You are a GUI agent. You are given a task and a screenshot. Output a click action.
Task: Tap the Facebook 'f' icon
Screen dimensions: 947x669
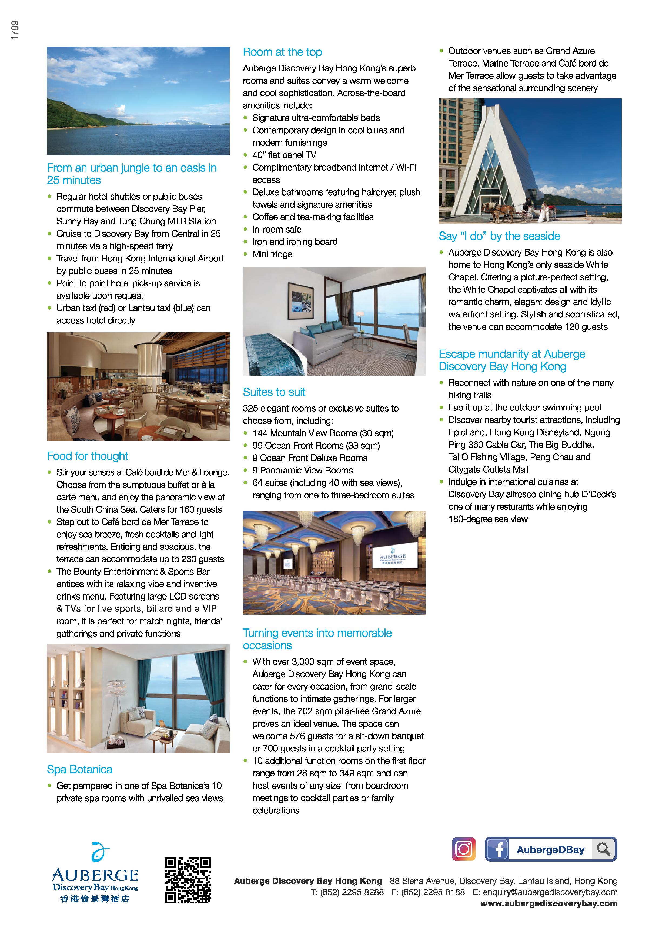pos(497,849)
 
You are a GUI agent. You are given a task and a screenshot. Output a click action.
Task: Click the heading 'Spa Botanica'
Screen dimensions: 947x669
pos(79,769)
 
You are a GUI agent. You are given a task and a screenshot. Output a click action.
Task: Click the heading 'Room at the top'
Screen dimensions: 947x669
pos(282,52)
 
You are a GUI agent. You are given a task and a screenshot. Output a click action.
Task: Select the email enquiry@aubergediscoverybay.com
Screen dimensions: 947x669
pos(550,892)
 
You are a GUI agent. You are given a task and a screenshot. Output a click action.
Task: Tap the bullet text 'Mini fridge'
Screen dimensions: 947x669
pos(272,254)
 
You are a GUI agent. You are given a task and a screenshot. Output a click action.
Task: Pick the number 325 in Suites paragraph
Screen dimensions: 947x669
pos(250,408)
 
